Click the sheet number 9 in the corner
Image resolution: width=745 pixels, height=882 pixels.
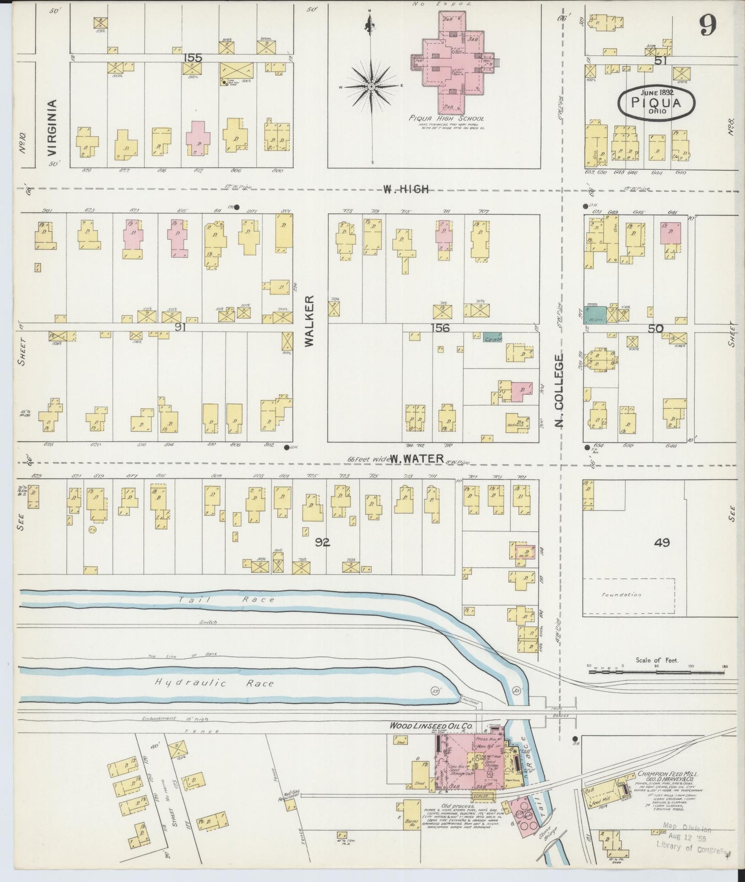click(x=708, y=25)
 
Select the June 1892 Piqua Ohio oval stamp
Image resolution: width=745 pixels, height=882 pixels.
click(x=656, y=102)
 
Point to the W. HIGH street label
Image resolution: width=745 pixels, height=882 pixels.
click(x=405, y=189)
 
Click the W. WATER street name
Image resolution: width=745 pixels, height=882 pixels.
click(x=417, y=458)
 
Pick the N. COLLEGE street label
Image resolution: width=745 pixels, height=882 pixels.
click(x=560, y=390)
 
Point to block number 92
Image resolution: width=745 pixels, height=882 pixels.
click(x=323, y=542)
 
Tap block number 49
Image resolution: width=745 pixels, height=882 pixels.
click(x=661, y=543)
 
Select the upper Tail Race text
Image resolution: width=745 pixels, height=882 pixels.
click(x=227, y=600)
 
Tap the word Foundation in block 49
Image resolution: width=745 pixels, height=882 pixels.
click(x=621, y=595)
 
